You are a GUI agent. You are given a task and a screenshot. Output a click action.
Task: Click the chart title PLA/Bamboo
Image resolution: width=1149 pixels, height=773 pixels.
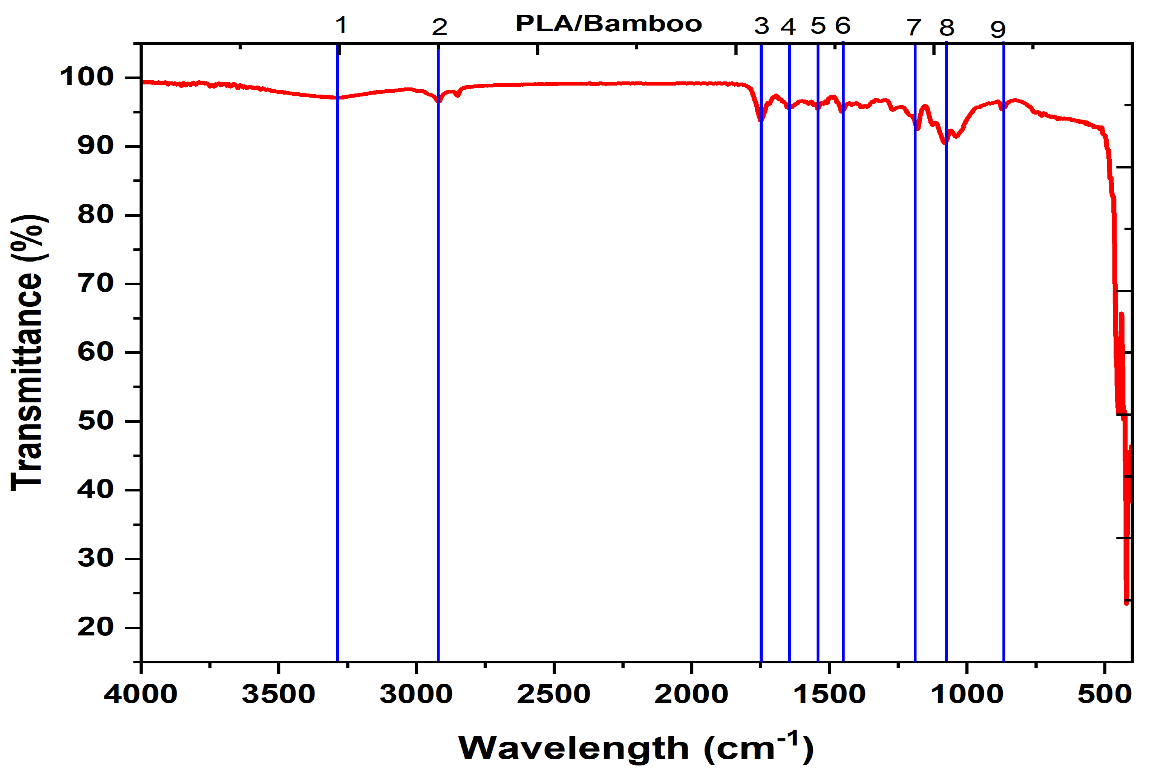pyautogui.click(x=608, y=24)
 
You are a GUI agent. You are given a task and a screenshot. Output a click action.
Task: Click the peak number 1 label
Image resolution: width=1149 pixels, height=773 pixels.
pyautogui.click(x=341, y=24)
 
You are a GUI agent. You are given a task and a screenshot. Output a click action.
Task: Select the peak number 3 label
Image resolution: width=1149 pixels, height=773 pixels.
pyautogui.click(x=761, y=26)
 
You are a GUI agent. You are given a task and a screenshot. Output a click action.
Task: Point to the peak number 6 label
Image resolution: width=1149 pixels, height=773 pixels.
pyautogui.click(x=843, y=25)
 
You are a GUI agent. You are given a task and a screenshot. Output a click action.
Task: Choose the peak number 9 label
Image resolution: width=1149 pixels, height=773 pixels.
pyautogui.click(x=998, y=29)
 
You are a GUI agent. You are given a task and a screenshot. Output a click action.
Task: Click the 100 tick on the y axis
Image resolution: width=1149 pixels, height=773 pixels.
pyautogui.click(x=87, y=77)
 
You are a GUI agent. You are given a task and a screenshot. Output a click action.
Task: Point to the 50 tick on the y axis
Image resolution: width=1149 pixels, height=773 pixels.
pyautogui.click(x=96, y=421)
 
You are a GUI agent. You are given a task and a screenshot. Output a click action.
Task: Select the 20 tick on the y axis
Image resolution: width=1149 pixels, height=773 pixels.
pyautogui.click(x=96, y=627)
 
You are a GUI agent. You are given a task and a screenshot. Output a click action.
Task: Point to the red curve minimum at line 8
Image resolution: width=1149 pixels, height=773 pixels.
pyautogui.click(x=945, y=143)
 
